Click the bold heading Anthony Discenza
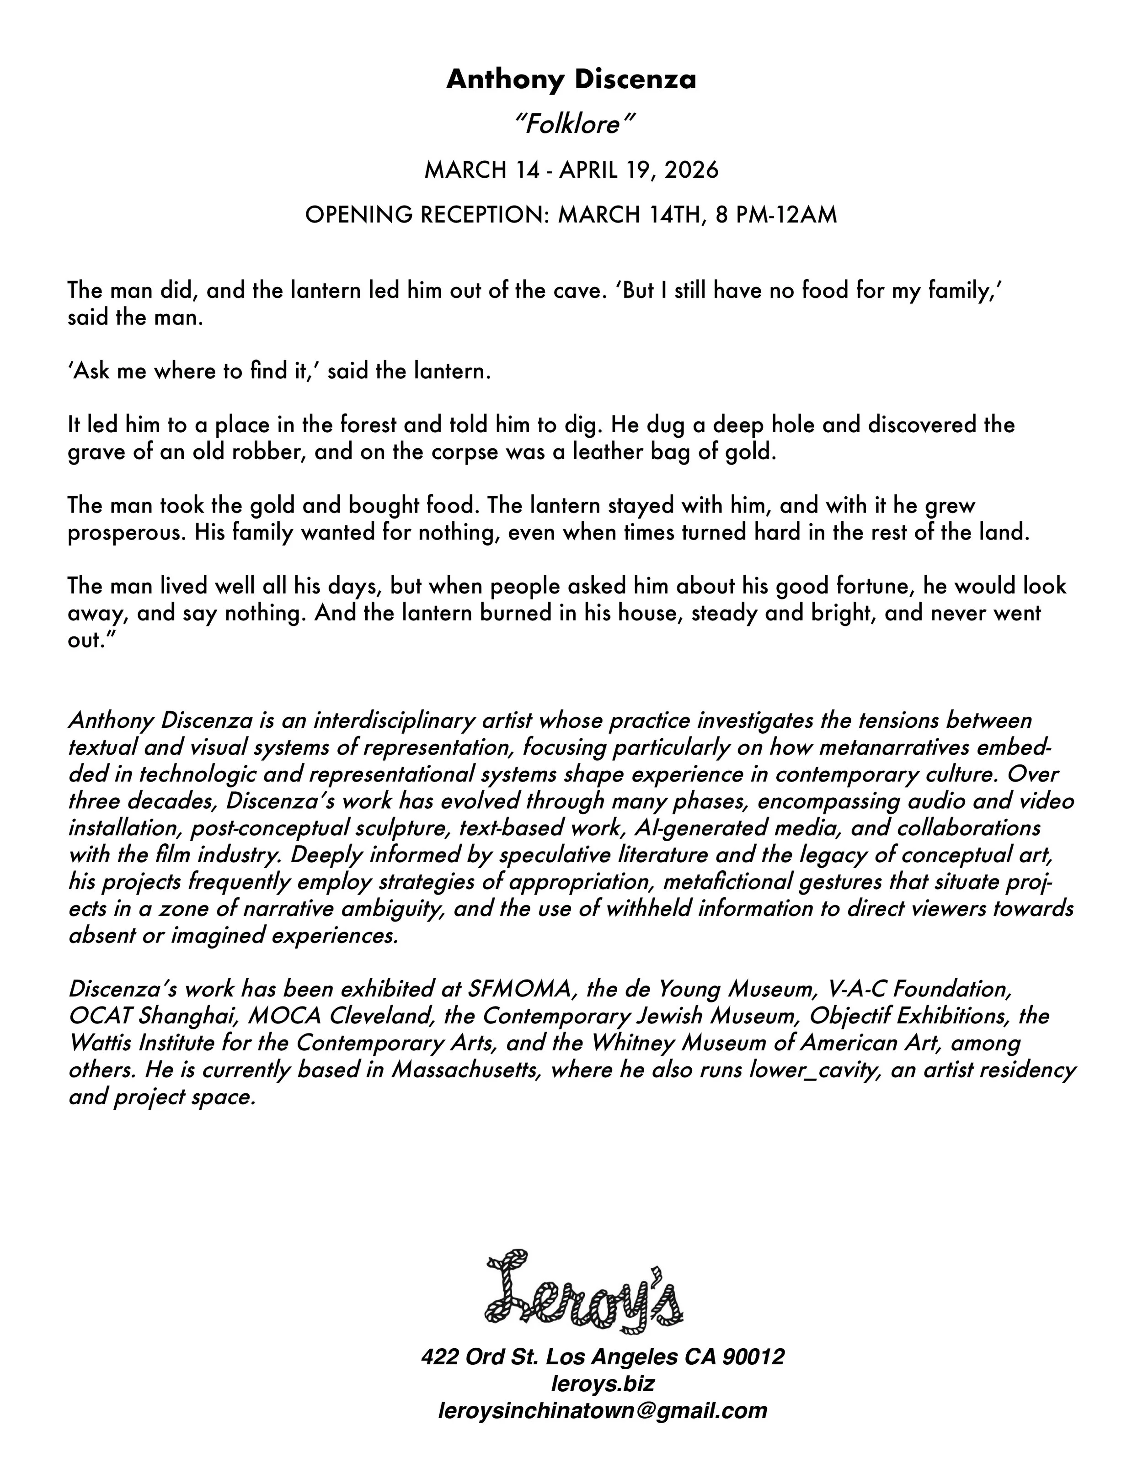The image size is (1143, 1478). point(571,80)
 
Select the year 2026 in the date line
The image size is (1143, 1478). point(691,170)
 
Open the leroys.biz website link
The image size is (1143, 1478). point(603,1383)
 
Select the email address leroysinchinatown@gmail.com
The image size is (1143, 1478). point(603,1410)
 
